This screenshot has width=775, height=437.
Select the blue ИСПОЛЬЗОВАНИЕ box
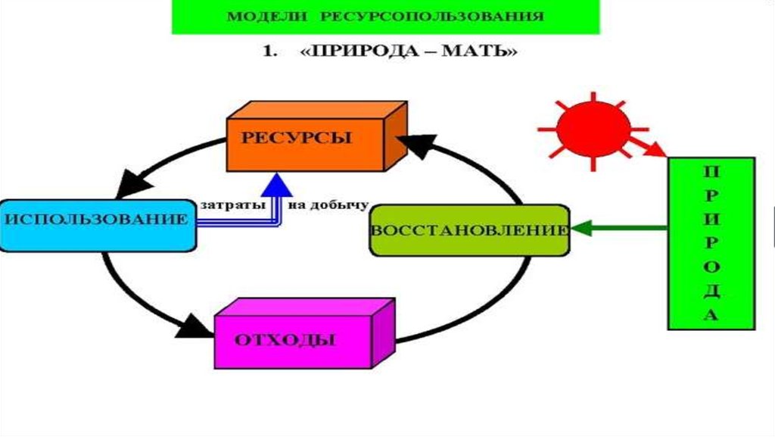[x=97, y=223]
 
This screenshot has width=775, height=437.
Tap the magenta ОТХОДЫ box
[x=295, y=339]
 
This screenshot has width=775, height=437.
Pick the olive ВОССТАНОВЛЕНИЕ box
[x=469, y=229]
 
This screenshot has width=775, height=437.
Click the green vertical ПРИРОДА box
[x=711, y=242]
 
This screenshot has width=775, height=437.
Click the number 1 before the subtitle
[x=266, y=54]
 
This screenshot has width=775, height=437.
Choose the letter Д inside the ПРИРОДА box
[x=711, y=292]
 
